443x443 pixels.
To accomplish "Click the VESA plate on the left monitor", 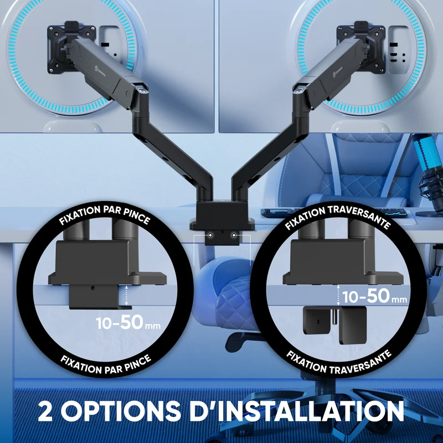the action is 71,48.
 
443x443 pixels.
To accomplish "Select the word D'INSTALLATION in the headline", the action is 297,410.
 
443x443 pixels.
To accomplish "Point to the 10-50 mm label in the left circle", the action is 128,322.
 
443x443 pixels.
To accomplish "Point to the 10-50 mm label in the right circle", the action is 375,296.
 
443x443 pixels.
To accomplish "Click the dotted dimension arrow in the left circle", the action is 126,295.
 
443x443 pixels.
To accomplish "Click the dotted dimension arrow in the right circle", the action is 338,296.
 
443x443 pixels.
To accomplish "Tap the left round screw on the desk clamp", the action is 210,235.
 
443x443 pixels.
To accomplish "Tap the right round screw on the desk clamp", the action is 234,235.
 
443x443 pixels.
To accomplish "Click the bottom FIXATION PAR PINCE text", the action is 106,364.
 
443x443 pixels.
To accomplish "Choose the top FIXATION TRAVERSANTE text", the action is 338,216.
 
